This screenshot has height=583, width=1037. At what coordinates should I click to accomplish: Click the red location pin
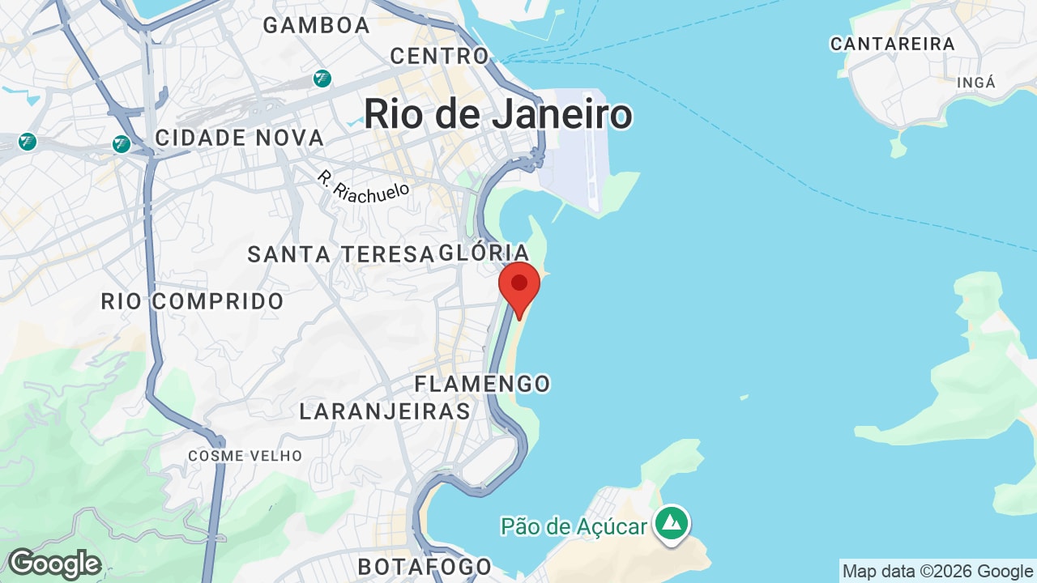(x=519, y=286)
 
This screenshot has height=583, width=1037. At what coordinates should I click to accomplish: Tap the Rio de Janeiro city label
(x=497, y=114)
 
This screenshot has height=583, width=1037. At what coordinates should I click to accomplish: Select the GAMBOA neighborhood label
(x=317, y=25)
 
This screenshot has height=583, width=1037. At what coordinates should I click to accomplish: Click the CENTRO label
(x=440, y=56)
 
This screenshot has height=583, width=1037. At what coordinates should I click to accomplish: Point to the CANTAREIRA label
(x=892, y=45)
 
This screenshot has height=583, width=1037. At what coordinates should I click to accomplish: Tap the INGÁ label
(x=975, y=83)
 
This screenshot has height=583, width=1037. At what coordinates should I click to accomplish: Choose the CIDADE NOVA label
(x=239, y=138)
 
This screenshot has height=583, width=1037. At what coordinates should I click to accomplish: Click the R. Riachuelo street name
(x=364, y=187)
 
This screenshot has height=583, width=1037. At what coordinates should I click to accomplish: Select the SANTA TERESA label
(x=340, y=254)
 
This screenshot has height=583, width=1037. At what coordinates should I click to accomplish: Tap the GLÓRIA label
(x=484, y=253)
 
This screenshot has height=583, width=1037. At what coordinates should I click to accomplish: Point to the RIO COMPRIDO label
(x=192, y=302)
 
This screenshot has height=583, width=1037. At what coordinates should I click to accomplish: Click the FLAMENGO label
(x=482, y=383)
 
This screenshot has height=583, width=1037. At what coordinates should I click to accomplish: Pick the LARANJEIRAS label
(x=385, y=411)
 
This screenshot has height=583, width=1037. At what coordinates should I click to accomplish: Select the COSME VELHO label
(x=245, y=456)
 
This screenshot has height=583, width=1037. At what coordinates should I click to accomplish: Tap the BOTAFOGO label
(x=425, y=566)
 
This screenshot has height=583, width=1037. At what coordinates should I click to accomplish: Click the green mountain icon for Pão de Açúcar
(x=672, y=523)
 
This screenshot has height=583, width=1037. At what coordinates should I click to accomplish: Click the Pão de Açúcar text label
(x=574, y=526)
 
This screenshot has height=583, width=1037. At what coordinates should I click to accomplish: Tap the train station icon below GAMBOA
(x=322, y=79)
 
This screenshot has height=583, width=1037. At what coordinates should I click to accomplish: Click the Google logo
(x=53, y=564)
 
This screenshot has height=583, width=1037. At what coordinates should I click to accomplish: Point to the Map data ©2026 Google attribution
(x=937, y=571)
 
